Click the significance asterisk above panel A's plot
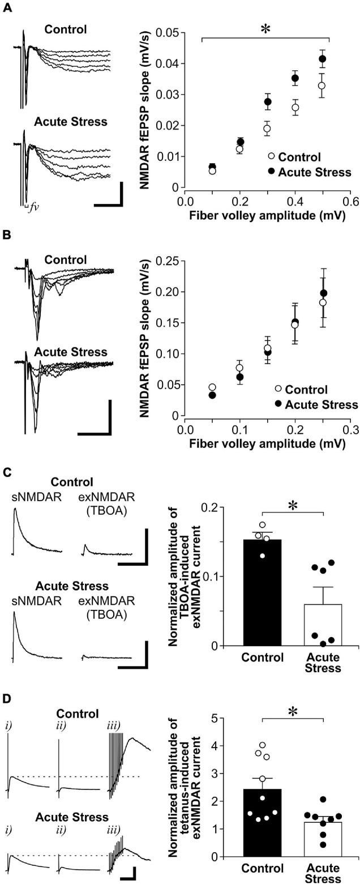[x=265, y=29]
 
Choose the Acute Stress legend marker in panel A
[x=271, y=172]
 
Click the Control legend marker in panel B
[x=278, y=389]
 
